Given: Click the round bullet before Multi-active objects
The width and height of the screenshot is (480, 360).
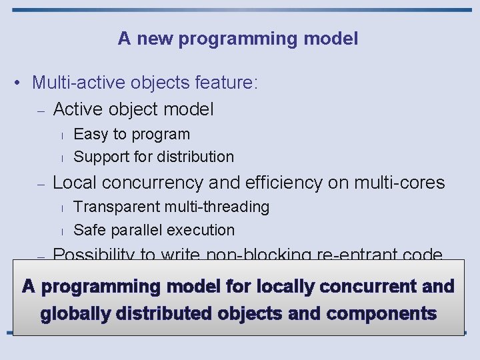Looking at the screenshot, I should (21, 83).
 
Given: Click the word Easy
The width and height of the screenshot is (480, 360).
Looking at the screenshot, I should (91, 134).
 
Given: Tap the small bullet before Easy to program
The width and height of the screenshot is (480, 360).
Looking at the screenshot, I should (61, 135).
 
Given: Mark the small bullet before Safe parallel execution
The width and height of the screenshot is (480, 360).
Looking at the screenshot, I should (61, 231).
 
